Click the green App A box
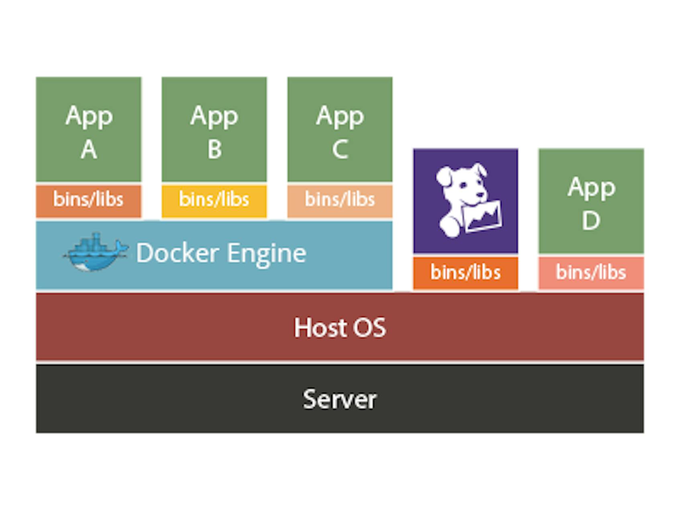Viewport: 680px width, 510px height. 88,129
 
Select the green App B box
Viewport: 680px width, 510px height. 214,129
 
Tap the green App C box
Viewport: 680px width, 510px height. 340,129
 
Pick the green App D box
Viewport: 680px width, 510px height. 591,201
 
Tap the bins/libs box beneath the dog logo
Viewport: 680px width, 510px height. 465,273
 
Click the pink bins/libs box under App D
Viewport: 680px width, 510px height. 591,273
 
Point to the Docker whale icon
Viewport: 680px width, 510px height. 94,253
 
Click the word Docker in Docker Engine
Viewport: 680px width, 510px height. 177,253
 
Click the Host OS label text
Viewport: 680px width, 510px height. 340,327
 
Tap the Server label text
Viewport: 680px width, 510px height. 340,399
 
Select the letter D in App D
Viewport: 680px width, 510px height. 591,220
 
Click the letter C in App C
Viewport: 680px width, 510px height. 340,149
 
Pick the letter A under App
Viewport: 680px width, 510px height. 89,150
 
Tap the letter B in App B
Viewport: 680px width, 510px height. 214,149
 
